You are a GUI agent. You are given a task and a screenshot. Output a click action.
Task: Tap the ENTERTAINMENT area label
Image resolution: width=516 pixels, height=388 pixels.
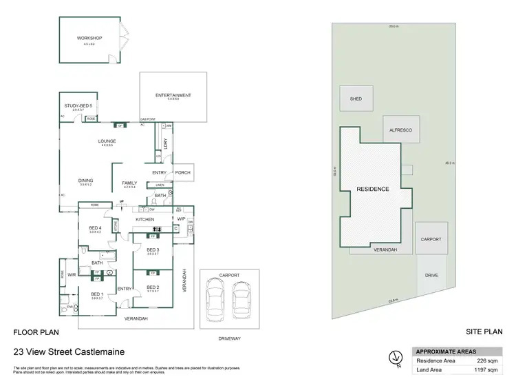click(173, 95)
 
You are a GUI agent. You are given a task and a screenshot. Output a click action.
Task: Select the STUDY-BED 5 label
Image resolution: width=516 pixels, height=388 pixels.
click(78, 105)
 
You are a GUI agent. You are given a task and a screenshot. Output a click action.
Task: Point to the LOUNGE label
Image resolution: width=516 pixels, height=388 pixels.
click(106, 141)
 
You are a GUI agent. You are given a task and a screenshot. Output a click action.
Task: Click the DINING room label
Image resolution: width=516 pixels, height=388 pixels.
click(86, 181)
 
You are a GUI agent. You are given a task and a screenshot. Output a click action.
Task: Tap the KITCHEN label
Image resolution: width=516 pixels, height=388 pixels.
click(144, 219)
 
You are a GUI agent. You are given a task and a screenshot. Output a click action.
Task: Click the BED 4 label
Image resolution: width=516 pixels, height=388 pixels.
click(95, 228)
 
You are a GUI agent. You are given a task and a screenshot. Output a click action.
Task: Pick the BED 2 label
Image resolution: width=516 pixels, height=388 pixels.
click(153, 287)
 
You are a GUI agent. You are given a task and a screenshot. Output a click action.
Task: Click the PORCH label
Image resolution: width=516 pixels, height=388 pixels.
click(182, 172)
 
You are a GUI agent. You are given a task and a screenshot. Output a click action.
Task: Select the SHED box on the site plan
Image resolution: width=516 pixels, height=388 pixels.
click(356, 99)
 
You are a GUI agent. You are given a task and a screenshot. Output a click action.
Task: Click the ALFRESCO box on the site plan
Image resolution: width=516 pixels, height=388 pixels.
click(402, 129)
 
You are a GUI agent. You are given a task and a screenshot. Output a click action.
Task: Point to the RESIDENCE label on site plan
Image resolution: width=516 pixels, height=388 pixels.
click(372, 189)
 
